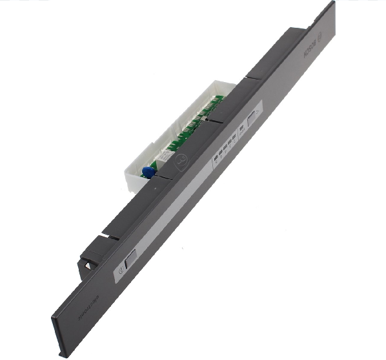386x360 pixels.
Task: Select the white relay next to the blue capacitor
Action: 164,156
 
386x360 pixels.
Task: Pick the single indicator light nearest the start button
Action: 241,129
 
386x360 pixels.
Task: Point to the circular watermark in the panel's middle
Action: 183,156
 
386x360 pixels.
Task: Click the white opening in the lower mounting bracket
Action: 85,264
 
